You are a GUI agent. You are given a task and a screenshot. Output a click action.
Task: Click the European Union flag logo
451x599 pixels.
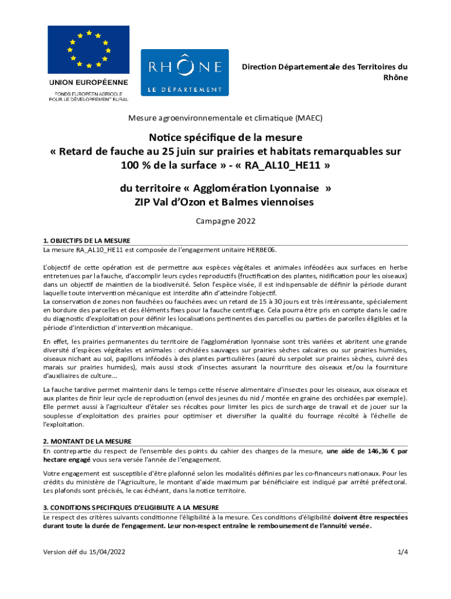coord(88,50)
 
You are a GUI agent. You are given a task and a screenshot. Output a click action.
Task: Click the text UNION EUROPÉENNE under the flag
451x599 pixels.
coord(88,82)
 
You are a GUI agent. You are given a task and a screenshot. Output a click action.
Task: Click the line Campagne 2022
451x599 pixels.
coord(225,222)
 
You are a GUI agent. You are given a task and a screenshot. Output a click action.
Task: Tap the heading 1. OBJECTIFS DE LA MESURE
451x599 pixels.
coord(87,240)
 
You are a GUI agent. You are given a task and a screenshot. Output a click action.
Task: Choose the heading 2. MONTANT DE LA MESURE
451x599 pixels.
coord(87,441)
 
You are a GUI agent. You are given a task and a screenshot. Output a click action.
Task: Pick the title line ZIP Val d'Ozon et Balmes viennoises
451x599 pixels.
coord(225,202)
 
